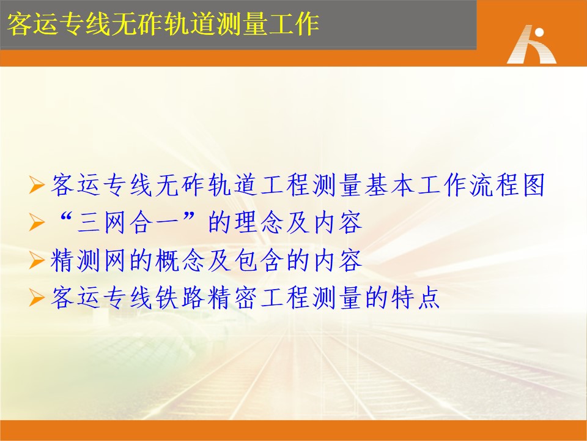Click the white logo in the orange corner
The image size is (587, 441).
(531, 44)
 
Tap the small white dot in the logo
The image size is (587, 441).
(539, 32)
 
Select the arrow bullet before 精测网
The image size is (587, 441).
(37, 260)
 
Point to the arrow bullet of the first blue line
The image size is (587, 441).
(37, 185)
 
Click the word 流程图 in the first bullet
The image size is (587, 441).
(507, 185)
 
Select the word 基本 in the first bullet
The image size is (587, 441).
(389, 185)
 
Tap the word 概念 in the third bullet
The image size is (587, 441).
(180, 260)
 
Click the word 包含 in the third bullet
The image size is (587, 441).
(258, 260)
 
